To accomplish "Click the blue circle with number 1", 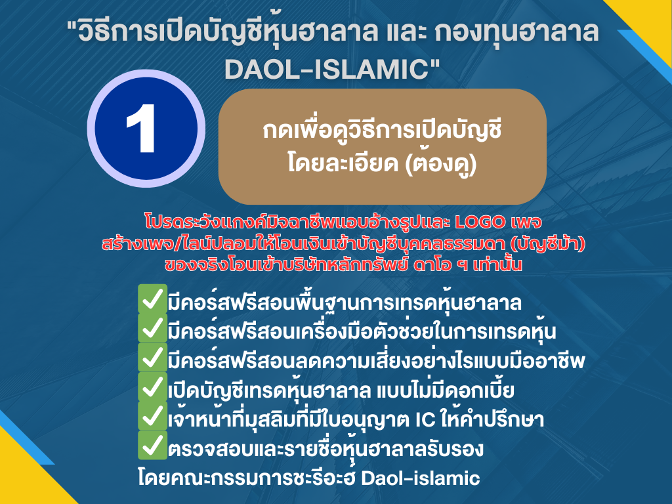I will tap(146, 125).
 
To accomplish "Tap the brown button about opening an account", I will tap(382, 146).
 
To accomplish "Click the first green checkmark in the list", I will tap(152, 300).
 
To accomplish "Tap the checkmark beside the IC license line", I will tap(152, 417).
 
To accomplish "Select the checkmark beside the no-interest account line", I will tap(152, 388).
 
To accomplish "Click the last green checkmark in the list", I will tap(152, 446).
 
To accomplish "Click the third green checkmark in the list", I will tap(152, 358).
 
